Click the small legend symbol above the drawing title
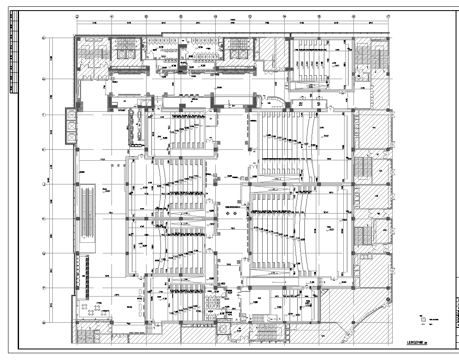[423, 321]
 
